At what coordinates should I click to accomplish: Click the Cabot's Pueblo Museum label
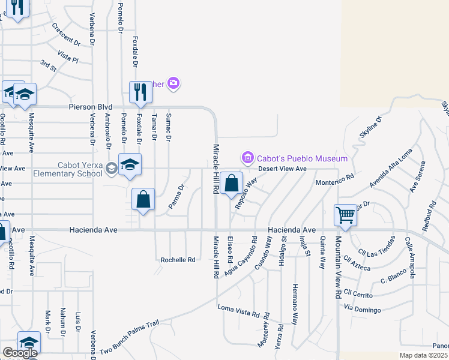[x=303, y=158]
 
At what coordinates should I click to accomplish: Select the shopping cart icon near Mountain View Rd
[x=346, y=215]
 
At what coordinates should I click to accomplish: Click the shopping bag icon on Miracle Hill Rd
[x=231, y=183]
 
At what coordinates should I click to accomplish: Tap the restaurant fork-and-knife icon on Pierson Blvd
[x=140, y=92]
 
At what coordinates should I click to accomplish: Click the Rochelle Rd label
[x=178, y=260]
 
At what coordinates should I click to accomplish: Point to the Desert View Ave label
[x=283, y=169]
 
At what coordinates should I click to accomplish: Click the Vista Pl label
[x=68, y=57]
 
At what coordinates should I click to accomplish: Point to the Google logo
[x=19, y=353]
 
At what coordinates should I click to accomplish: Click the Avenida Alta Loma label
[x=391, y=167]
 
